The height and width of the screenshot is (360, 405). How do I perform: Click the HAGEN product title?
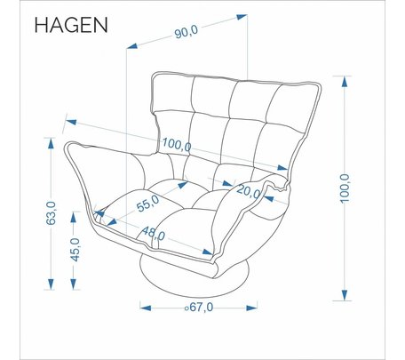click(x=71, y=25)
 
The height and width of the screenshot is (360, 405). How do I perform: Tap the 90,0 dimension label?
click(x=186, y=31)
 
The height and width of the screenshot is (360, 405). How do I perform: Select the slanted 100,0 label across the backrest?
click(x=177, y=144)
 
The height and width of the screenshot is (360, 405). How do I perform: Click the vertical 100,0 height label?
click(x=345, y=188)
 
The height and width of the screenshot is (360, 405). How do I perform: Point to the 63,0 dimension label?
click(x=51, y=212)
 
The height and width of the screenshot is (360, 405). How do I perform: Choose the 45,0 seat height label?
click(x=75, y=250)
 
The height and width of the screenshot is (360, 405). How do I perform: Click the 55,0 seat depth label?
click(x=148, y=203)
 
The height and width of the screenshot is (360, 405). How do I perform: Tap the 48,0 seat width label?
click(x=154, y=234)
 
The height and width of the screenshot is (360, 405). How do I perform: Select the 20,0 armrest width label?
click(x=249, y=191)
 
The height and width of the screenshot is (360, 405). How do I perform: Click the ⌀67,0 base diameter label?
click(x=199, y=308)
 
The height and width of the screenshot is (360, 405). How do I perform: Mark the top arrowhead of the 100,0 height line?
click(x=345, y=81)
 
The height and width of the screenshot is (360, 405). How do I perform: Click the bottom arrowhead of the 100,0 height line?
click(x=345, y=295)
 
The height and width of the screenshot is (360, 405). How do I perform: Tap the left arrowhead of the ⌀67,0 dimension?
click(x=146, y=308)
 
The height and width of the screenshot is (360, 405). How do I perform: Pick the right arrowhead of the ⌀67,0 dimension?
click(x=251, y=308)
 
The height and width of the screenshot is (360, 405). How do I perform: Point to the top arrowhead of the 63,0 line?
click(x=51, y=143)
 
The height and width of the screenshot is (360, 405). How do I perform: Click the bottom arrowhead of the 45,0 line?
click(x=74, y=284)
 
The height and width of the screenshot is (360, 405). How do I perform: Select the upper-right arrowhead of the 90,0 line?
click(x=242, y=17)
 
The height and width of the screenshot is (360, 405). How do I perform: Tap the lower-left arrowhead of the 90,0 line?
click(x=132, y=45)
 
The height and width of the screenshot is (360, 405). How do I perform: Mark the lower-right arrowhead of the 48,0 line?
click(x=207, y=252)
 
